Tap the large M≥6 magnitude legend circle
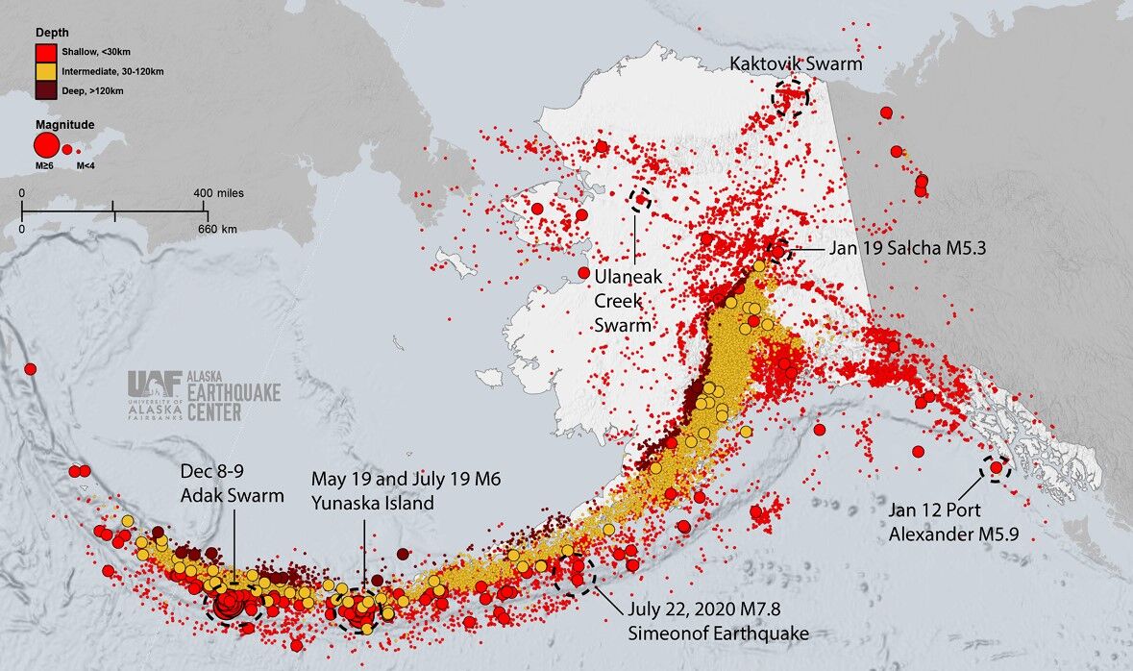coord(46,146)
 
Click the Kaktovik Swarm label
coord(796,64)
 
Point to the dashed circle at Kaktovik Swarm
coord(791,97)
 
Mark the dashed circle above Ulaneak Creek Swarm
coord(640,200)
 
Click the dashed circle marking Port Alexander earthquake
coord(995,468)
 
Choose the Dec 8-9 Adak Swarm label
coord(232,486)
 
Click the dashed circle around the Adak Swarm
coord(234,604)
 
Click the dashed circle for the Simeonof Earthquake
coord(576,575)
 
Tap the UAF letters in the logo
coord(155,384)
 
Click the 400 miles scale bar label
coord(218,193)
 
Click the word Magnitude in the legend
coord(64,125)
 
